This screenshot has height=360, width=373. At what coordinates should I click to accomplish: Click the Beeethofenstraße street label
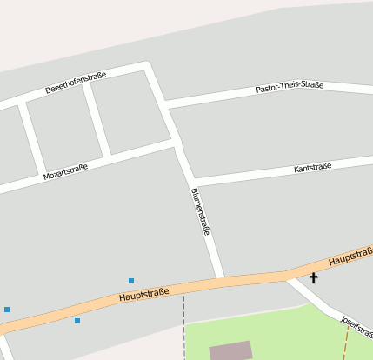pyautogui.click(x=76, y=83)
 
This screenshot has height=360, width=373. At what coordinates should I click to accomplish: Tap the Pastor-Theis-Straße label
pyautogui.click(x=290, y=88)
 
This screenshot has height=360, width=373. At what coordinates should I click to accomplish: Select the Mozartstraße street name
pyautogui.click(x=66, y=170)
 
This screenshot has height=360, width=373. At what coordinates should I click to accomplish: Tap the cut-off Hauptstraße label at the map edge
pyautogui.click(x=351, y=257)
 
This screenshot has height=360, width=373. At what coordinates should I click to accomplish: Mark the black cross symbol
pyautogui.click(x=313, y=278)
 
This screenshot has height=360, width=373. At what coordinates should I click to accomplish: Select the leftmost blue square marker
pyautogui.click(x=7, y=310)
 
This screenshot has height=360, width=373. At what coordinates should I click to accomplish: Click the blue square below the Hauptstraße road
pyautogui.click(x=77, y=321)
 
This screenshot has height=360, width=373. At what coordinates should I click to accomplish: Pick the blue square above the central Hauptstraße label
pyautogui.click(x=131, y=281)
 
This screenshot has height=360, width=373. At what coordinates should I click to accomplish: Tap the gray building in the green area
pyautogui.click(x=231, y=350)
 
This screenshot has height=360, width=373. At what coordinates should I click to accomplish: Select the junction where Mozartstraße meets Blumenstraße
pyautogui.click(x=177, y=143)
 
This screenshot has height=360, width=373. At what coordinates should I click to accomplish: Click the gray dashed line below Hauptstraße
pyautogui.click(x=184, y=326)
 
